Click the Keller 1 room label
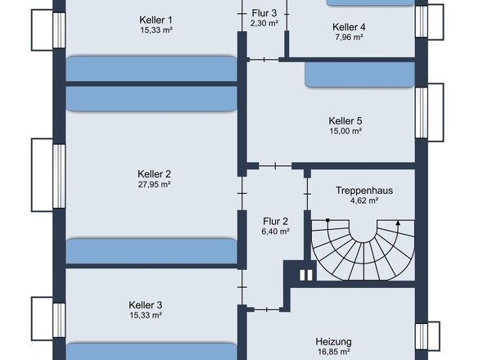[156, 20]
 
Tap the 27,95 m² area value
[155, 184]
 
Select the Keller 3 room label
[146, 305]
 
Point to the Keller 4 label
[349, 27]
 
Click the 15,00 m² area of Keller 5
[345, 131]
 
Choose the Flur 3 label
[264, 13]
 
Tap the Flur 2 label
[275, 221]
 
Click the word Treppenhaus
[364, 191]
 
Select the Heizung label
[334, 341]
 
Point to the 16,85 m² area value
[334, 352]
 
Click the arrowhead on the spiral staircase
[398, 223]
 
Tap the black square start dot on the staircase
[327, 220]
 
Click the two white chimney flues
[306, 275]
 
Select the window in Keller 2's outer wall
[59, 176]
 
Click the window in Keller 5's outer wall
[422, 113]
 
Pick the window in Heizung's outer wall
[422, 336]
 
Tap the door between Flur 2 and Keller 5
[275, 166]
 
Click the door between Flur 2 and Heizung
[267, 309]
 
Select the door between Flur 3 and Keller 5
[264, 60]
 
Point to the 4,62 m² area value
[364, 200]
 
